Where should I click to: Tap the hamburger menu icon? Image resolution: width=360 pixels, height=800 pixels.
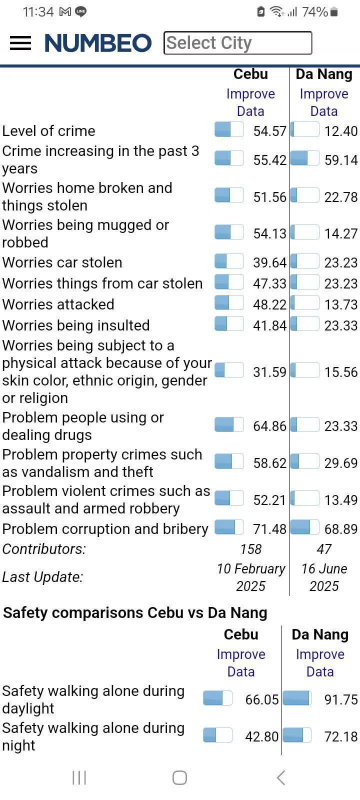pyautogui.click(x=20, y=43)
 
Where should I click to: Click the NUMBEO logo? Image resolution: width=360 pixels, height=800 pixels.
pyautogui.click(x=98, y=43)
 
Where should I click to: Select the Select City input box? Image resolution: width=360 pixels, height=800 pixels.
pyautogui.click(x=237, y=43)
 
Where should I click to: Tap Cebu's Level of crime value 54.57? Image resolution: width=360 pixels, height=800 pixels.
pyautogui.click(x=269, y=131)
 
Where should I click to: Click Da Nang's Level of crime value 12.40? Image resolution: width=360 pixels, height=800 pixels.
pyautogui.click(x=340, y=131)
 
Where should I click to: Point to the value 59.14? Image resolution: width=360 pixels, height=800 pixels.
pyautogui.click(x=340, y=160)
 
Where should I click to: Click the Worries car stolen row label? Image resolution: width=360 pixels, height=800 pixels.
pyautogui.click(x=62, y=262)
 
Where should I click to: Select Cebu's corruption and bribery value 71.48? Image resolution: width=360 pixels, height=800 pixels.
pyautogui.click(x=269, y=529)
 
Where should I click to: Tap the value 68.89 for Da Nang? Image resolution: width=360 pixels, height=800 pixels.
pyautogui.click(x=340, y=529)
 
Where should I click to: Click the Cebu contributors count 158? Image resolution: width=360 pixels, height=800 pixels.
pyautogui.click(x=251, y=549)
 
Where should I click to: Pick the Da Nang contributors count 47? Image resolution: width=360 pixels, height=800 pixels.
pyautogui.click(x=324, y=549)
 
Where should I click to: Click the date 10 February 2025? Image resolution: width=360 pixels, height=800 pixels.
pyautogui.click(x=251, y=577)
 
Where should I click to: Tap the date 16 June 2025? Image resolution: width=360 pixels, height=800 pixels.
pyautogui.click(x=324, y=577)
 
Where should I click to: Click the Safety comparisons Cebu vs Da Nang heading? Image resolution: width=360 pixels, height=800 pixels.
pyautogui.click(x=135, y=613)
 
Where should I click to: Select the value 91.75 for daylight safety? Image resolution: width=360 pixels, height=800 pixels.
pyautogui.click(x=340, y=699)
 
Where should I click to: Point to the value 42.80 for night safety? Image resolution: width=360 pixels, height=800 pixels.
pyautogui.click(x=262, y=736)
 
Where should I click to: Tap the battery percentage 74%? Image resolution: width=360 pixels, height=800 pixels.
pyautogui.click(x=315, y=12)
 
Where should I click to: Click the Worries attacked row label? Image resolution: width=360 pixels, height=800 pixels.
pyautogui.click(x=58, y=304)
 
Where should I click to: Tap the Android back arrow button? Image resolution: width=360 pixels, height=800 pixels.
pyautogui.click(x=281, y=777)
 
